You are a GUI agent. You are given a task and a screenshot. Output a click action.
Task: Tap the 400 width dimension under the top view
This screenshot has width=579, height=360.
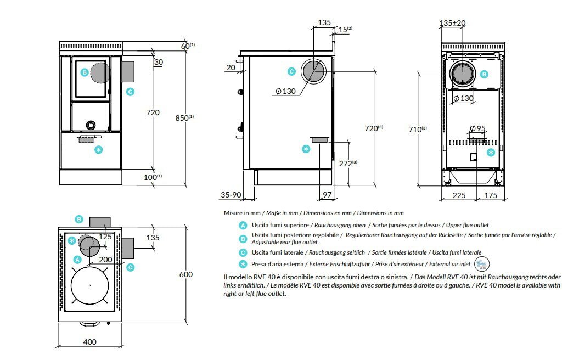[x=89, y=342]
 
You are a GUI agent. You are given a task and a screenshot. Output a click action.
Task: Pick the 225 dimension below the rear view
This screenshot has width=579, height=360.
[x=459, y=195]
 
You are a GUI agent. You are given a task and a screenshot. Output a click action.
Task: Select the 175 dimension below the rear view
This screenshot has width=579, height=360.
[x=491, y=195]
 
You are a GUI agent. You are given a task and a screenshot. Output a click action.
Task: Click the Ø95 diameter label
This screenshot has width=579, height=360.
[x=477, y=129]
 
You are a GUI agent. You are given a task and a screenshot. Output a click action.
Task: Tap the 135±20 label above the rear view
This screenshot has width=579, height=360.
[x=453, y=23]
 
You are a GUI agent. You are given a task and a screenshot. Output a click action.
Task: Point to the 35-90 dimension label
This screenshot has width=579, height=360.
[x=231, y=195]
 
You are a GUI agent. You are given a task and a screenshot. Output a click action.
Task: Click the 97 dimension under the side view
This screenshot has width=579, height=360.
[x=327, y=195]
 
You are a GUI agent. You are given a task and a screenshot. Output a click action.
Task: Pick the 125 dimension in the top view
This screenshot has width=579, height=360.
[x=105, y=237]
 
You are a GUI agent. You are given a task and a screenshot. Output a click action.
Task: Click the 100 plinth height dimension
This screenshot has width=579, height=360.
[x=152, y=177]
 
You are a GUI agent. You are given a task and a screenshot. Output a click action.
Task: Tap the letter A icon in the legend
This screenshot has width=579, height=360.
[x=243, y=225]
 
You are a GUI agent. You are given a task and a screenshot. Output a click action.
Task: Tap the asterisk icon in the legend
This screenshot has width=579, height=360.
[x=243, y=263]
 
